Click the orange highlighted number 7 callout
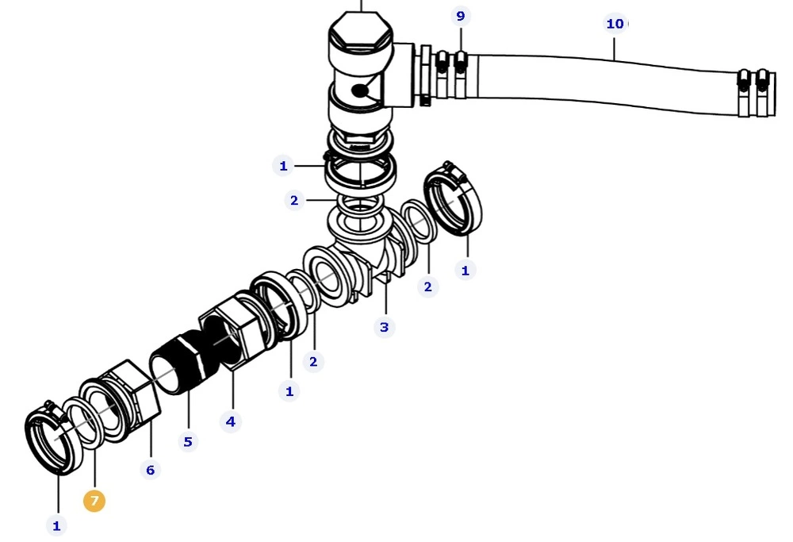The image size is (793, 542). (x=94, y=501)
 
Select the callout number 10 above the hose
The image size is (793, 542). (x=615, y=24)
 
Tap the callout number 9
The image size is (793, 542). (x=460, y=16)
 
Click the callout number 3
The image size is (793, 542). (x=385, y=327)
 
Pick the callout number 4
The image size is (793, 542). (x=231, y=421)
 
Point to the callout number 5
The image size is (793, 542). (x=188, y=441)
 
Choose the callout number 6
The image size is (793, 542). (x=150, y=470)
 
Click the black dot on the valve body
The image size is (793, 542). (x=360, y=91)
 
